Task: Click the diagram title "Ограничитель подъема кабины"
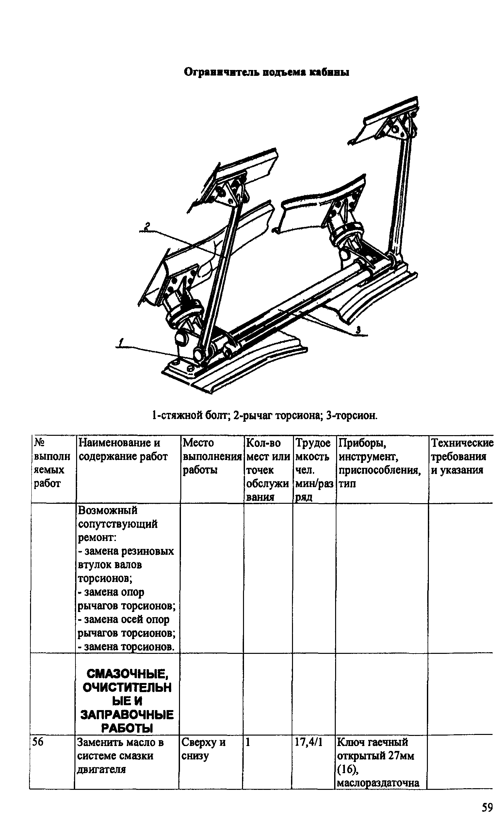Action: point(267,72)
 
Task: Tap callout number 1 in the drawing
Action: point(122,342)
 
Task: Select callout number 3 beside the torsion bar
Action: point(358,330)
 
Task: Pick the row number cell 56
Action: point(37,742)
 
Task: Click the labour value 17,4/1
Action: point(308,742)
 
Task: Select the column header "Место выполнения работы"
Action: point(212,456)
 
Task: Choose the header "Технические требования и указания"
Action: point(462,456)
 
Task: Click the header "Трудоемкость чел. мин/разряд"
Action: point(314,469)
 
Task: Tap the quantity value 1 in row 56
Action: point(248,742)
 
